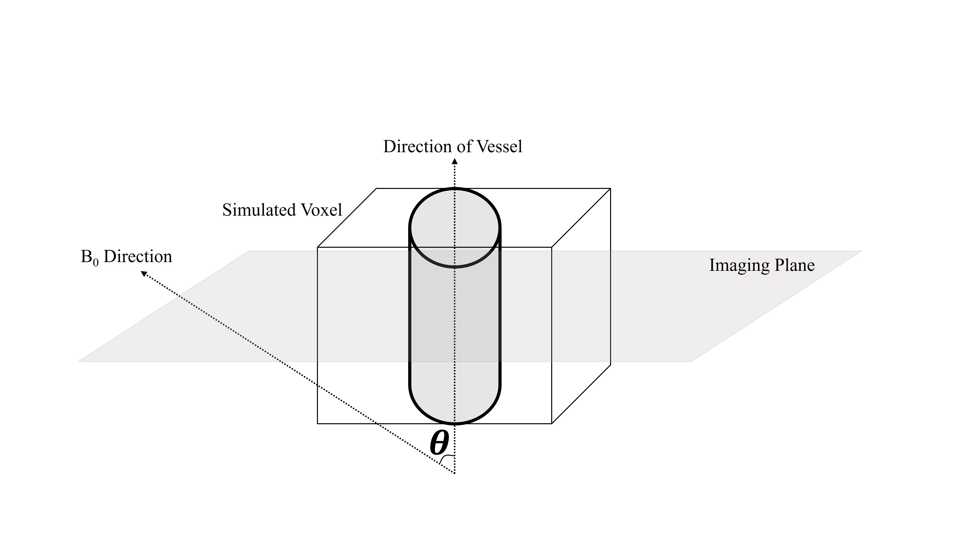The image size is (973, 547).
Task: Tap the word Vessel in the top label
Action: pos(499,146)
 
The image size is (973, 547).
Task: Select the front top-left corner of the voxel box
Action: pos(318,247)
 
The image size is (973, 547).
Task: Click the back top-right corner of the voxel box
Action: pos(610,188)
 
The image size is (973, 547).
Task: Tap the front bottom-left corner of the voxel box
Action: pos(318,423)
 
